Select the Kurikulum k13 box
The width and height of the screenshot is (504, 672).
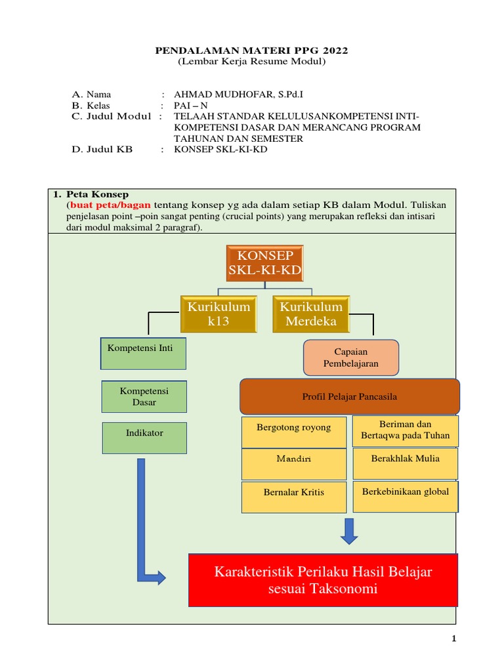pyautogui.click(x=219, y=314)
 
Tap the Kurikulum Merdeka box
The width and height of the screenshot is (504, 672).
pyautogui.click(x=311, y=314)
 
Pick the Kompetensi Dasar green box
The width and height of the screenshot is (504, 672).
pyautogui.click(x=144, y=396)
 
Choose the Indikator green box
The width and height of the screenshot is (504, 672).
pyautogui.click(x=144, y=438)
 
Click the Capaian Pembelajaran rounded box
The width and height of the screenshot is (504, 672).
pyautogui.click(x=350, y=357)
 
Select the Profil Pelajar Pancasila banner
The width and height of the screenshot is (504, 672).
pyautogui.click(x=350, y=396)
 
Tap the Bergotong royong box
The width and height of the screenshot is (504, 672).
pyautogui.click(x=293, y=431)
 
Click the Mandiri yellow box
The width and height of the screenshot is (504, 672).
pyautogui.click(x=293, y=464)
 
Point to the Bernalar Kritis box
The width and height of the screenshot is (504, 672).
pyautogui.click(x=293, y=497)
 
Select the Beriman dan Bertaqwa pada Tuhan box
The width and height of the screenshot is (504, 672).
pyautogui.click(x=406, y=430)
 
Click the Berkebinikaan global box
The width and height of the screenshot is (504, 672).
pyautogui.click(x=406, y=496)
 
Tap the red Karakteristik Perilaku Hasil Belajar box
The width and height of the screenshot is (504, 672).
pyautogui.click(x=323, y=580)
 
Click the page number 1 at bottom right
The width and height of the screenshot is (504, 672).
pyautogui.click(x=454, y=639)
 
